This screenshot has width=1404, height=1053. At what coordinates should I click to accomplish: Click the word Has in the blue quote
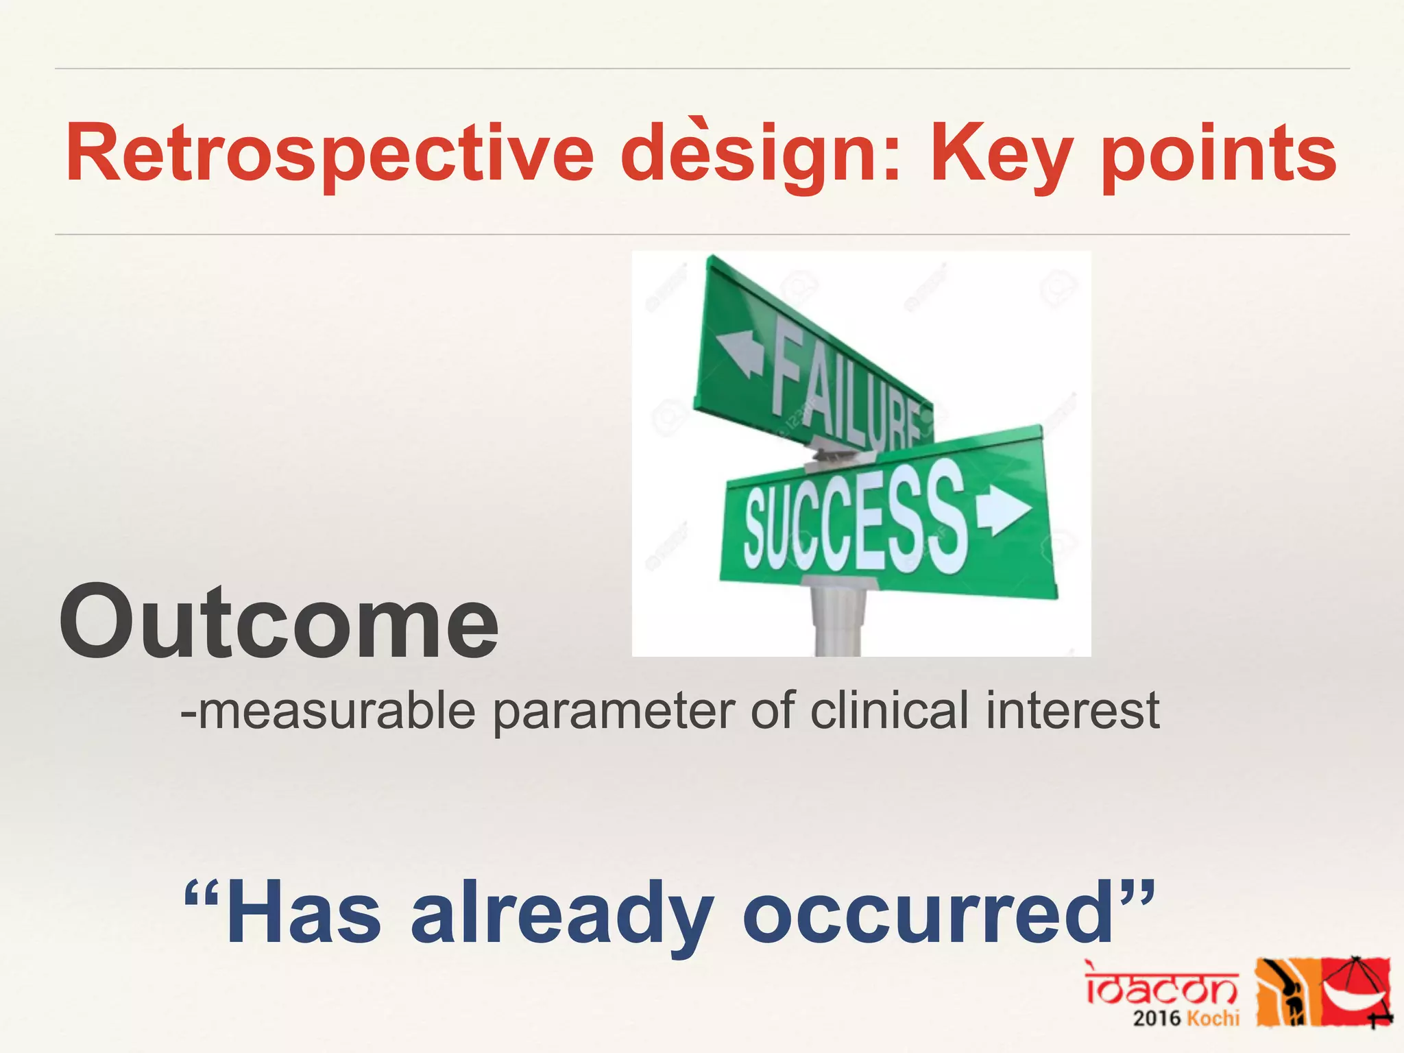point(302,915)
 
